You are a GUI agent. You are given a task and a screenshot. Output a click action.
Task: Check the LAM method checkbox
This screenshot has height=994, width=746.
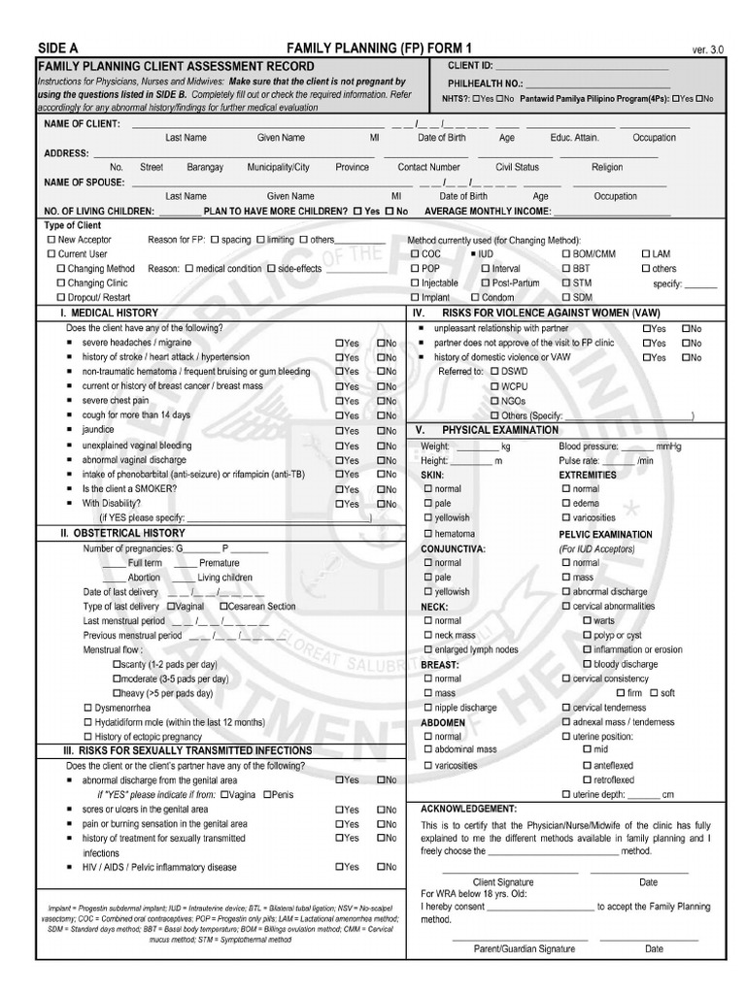coord(646,253)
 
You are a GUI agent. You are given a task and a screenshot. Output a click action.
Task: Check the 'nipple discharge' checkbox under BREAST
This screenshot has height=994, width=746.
coord(428,708)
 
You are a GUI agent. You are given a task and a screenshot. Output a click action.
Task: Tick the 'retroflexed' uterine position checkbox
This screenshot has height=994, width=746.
coord(587,779)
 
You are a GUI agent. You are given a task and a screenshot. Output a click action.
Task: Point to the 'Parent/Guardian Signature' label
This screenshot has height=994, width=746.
coord(524,947)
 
